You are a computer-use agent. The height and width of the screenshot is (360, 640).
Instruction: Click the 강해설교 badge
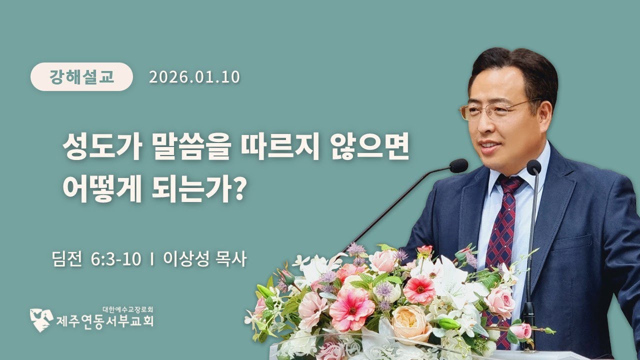(81, 76)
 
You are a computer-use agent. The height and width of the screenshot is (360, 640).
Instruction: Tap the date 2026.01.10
(194, 76)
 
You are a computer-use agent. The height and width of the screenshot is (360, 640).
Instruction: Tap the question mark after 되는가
(238, 190)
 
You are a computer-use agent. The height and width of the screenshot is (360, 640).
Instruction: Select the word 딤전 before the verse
(66, 260)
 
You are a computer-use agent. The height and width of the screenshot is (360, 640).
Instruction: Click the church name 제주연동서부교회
(104, 320)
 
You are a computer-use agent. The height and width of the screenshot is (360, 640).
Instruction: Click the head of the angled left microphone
(458, 165)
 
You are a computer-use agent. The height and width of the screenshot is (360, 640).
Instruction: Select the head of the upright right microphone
(533, 166)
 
